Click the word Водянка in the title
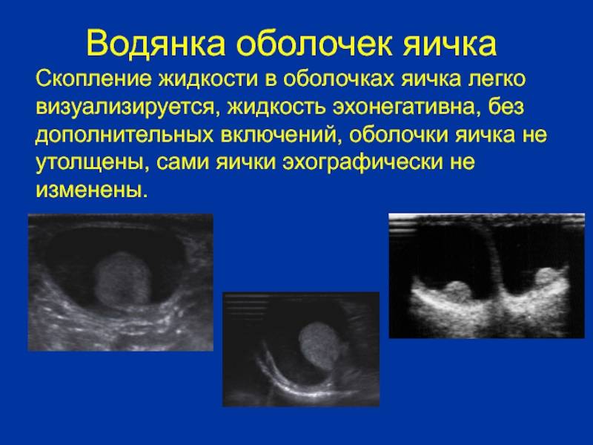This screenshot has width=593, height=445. pyautogui.click(x=156, y=44)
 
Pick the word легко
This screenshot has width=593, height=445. pyautogui.click(x=497, y=79)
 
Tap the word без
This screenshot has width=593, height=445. pyautogui.click(x=506, y=106)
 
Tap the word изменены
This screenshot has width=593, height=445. pyautogui.click(x=90, y=191)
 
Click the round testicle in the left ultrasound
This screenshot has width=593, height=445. pyautogui.click(x=122, y=280)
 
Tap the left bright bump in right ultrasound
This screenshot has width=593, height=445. pyautogui.click(x=457, y=291)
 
